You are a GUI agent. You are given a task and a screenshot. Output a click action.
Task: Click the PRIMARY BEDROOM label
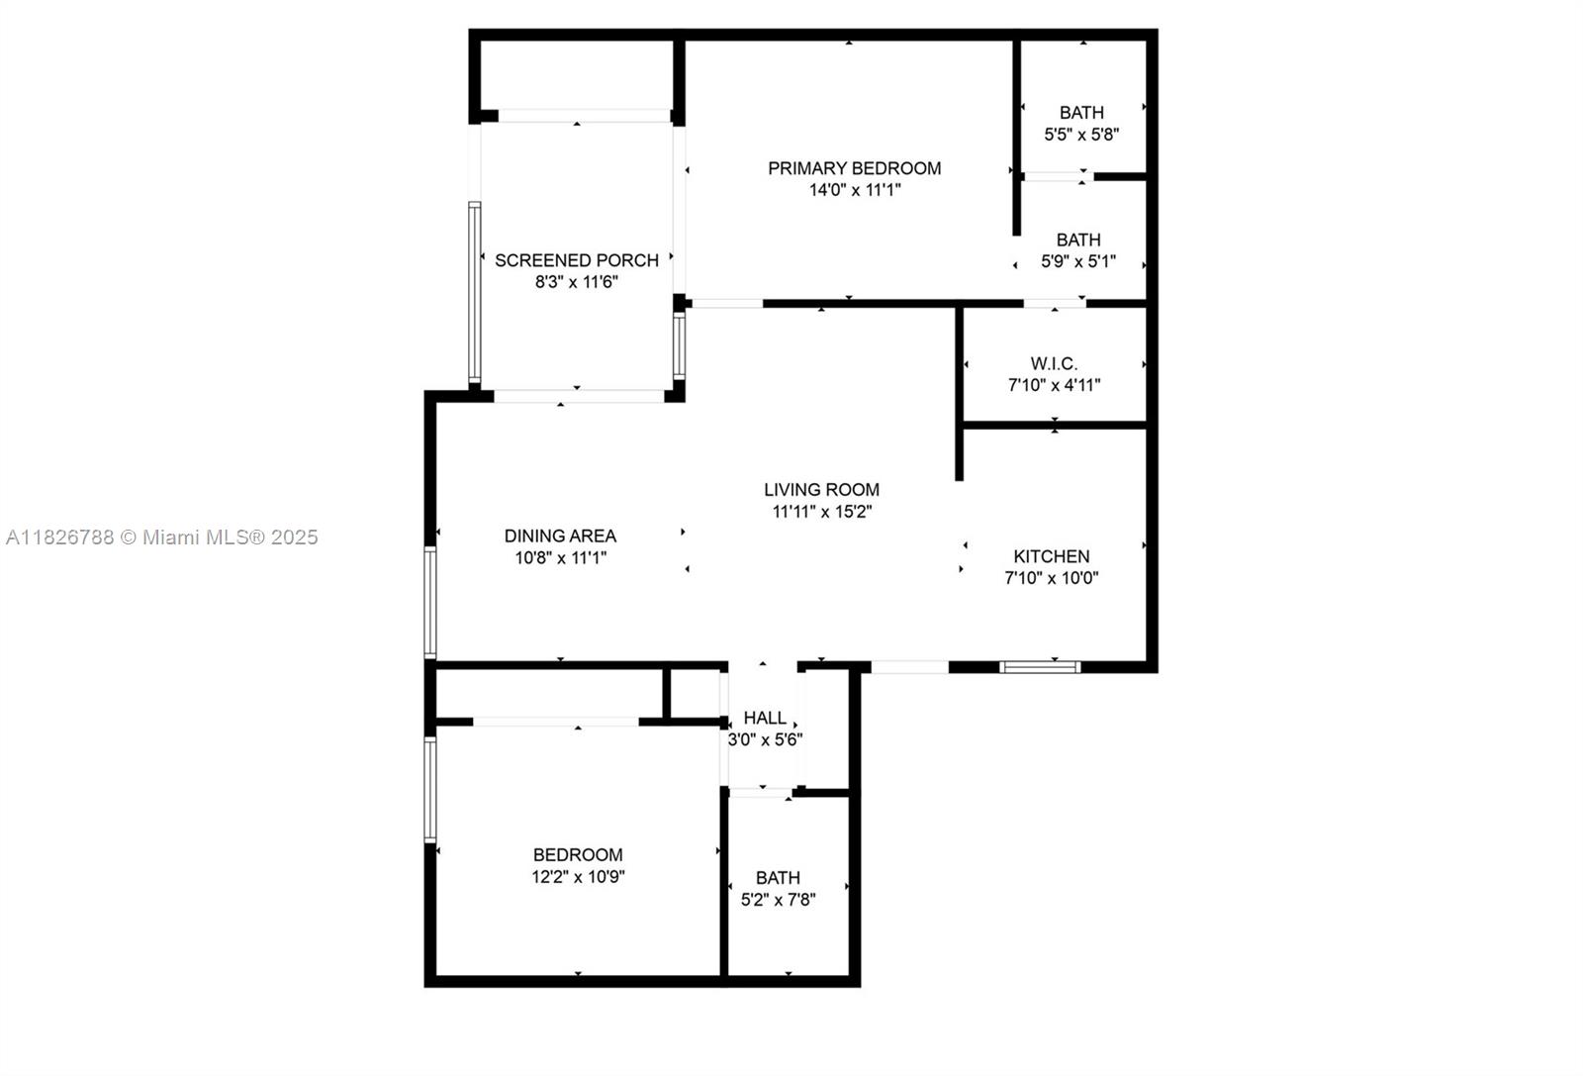(x=854, y=168)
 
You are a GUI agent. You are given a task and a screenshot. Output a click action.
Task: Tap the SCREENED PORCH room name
(x=577, y=260)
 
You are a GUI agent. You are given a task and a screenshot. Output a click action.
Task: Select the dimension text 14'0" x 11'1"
(x=855, y=190)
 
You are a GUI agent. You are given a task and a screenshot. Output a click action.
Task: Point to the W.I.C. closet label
(x=1054, y=363)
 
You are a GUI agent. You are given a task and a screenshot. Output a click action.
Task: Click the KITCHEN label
(x=1051, y=556)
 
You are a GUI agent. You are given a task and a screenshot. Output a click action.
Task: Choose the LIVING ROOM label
(x=821, y=489)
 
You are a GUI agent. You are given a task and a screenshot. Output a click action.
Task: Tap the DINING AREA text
(x=560, y=536)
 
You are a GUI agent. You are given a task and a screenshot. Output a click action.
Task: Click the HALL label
(x=765, y=718)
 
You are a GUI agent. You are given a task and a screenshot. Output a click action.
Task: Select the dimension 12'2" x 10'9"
(x=578, y=877)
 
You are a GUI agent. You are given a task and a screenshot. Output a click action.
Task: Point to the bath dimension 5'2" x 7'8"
(x=779, y=900)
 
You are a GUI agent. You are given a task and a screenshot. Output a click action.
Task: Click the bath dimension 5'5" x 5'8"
(x=1081, y=135)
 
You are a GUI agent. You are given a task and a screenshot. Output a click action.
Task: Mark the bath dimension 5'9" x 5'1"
(x=1077, y=261)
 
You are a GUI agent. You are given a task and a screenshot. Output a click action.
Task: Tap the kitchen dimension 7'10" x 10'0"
(x=1051, y=578)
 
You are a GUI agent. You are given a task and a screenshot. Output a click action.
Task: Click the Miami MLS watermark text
(x=162, y=538)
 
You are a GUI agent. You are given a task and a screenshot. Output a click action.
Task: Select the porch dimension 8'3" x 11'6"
(x=577, y=282)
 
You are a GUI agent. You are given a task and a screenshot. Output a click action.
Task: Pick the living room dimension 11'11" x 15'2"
(x=821, y=512)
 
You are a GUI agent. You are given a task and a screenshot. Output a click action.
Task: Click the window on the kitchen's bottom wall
(x=1039, y=667)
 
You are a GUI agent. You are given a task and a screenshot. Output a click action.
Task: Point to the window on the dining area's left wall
(x=430, y=602)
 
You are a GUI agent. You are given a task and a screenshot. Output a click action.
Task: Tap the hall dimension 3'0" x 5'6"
(x=765, y=739)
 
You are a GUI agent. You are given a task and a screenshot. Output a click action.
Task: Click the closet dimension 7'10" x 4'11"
(x=1054, y=385)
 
